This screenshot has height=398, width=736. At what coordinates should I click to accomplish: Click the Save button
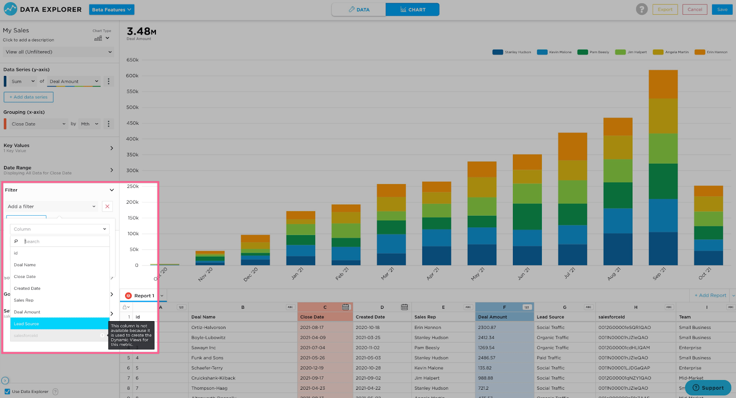tap(722, 10)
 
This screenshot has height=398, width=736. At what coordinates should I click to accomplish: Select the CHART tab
tap(412, 10)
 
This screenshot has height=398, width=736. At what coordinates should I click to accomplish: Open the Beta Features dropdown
tap(112, 10)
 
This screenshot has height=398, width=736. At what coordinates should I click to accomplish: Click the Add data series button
tap(29, 97)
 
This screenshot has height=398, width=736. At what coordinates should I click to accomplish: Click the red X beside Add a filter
tap(107, 207)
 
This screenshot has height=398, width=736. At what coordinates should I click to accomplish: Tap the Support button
tap(708, 388)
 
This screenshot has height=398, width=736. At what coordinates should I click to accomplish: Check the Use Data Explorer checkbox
tap(7, 392)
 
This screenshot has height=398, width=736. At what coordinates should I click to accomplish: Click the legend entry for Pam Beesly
tap(594, 52)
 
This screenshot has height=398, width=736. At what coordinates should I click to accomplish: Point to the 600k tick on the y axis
tap(132, 76)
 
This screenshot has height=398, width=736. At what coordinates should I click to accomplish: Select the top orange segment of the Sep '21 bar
tap(663, 84)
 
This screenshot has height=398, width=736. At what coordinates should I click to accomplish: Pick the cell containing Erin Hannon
tap(428, 328)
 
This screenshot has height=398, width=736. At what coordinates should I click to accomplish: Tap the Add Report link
tap(710, 295)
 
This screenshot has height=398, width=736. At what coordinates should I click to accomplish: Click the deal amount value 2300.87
tap(487, 328)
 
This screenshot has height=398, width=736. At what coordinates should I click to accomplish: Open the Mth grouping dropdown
tap(90, 124)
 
